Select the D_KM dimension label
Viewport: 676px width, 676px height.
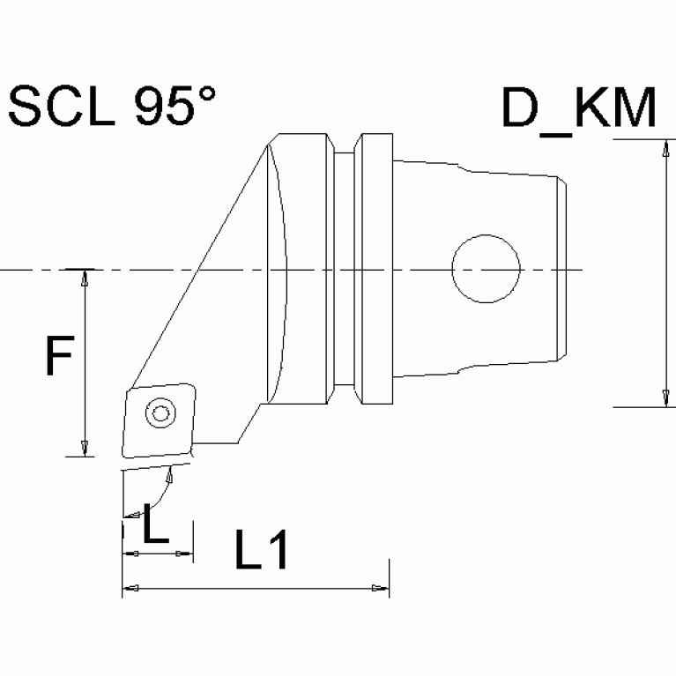[x=578, y=108]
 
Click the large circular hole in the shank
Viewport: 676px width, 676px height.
[x=485, y=268]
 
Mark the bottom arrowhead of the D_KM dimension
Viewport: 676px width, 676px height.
[x=662, y=399]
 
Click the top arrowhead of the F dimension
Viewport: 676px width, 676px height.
[x=85, y=277]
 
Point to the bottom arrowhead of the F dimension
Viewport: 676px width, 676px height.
[x=85, y=449]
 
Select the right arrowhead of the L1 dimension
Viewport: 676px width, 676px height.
[x=381, y=588]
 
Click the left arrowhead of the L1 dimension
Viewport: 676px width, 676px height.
[x=130, y=588]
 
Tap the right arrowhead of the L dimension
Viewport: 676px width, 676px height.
[x=185, y=553]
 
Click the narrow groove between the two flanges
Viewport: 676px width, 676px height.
[x=345, y=269]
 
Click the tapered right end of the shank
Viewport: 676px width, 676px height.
[x=561, y=268]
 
